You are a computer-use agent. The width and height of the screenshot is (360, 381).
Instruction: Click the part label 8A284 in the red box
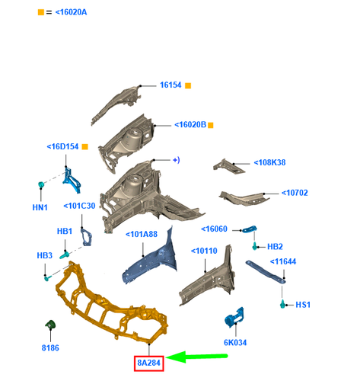[x=149, y=363]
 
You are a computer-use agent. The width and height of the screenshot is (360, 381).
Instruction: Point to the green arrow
[x=196, y=357]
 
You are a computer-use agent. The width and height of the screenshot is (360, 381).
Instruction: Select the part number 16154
[x=170, y=85]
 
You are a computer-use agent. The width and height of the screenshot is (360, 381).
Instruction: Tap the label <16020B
[x=190, y=125]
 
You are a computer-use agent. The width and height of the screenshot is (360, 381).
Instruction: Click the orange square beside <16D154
[x=85, y=147]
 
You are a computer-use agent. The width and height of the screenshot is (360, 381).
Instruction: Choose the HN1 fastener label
[x=40, y=207]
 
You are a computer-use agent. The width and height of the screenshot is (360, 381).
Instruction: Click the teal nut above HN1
[x=40, y=184]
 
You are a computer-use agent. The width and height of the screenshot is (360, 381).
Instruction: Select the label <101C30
[x=79, y=206]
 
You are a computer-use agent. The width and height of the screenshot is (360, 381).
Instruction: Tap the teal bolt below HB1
[x=65, y=255]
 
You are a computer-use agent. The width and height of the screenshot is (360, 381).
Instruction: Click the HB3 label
[x=45, y=255]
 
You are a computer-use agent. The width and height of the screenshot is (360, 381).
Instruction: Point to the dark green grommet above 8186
[x=50, y=325]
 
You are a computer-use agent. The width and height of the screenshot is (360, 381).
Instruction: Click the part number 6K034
[x=235, y=343]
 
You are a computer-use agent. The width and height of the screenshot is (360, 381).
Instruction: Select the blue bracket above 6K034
[x=234, y=317]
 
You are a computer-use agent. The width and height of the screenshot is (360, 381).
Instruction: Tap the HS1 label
[x=303, y=305]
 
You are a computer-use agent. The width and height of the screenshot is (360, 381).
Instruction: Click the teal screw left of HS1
[x=282, y=304]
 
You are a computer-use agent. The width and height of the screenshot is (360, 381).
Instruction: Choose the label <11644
[x=283, y=261]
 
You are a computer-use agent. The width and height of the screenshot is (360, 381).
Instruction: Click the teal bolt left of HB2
[x=255, y=246]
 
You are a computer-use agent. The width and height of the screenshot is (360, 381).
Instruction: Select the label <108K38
[x=269, y=162]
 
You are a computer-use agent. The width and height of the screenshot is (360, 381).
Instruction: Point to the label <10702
[x=295, y=193]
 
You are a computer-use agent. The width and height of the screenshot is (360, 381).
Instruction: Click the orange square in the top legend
[x=41, y=12]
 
